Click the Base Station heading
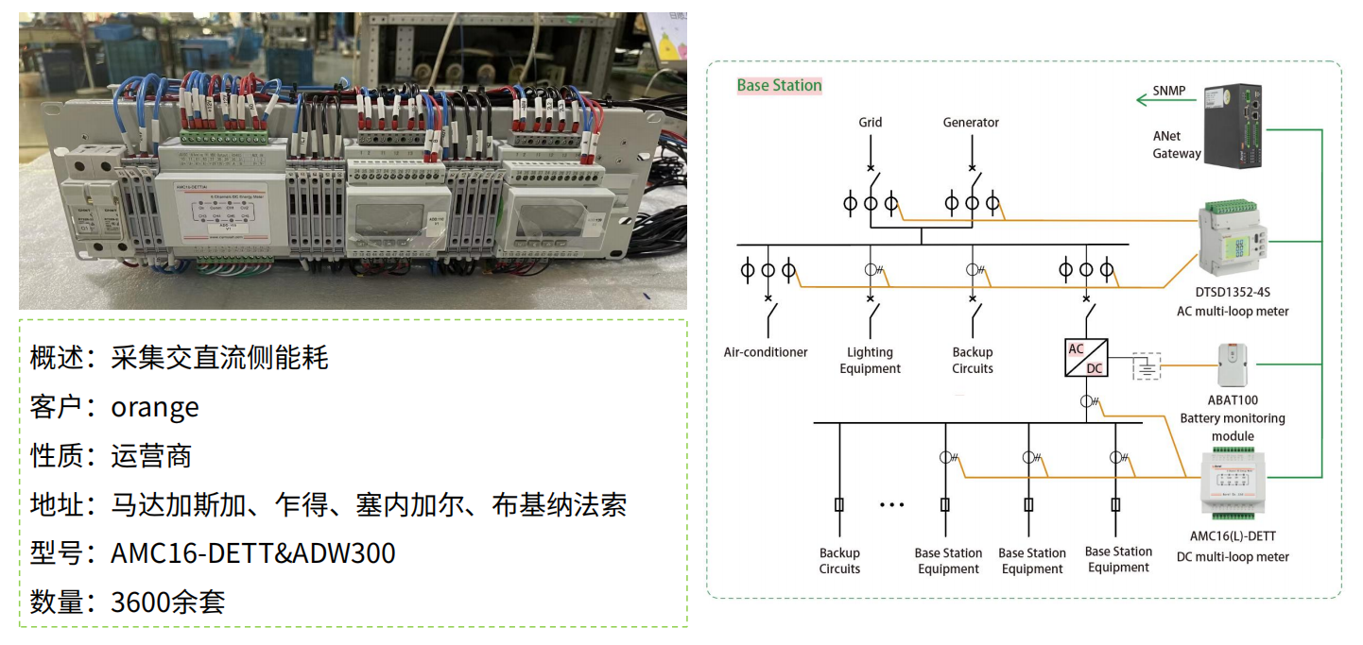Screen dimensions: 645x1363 779,85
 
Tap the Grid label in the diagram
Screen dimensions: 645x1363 870,122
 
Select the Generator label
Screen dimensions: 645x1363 971,122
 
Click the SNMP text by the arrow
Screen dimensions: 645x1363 1168,92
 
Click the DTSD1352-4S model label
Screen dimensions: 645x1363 1233,293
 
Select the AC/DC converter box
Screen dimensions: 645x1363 1086,358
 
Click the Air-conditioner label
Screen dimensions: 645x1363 766,352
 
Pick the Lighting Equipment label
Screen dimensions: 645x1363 870,360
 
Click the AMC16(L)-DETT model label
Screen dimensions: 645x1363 1233,536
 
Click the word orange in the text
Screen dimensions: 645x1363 155,407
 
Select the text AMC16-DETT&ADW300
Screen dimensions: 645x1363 252,552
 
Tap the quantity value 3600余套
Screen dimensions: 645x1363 168,602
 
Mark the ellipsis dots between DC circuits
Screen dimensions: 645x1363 891,505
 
